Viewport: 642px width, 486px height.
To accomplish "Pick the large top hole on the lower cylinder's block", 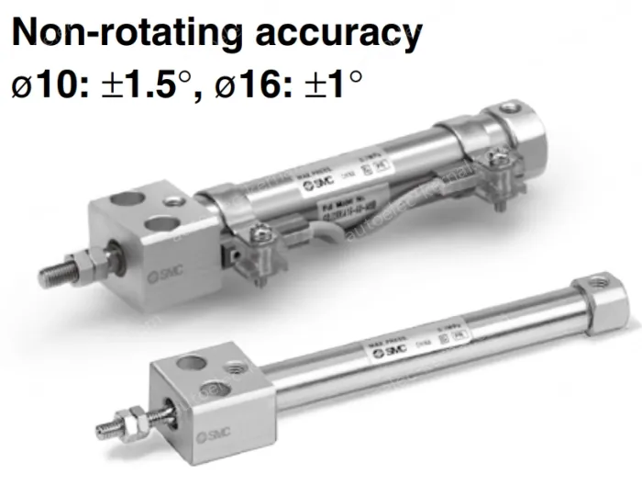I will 190,363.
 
